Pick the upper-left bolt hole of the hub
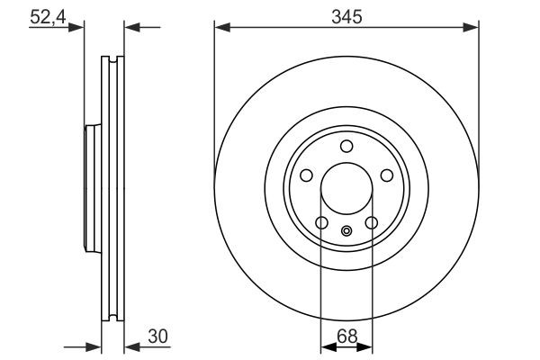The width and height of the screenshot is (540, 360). pyautogui.click(x=305, y=177)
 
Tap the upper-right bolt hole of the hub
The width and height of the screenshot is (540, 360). pyautogui.click(x=387, y=177)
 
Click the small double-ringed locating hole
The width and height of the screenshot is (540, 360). pyautogui.click(x=346, y=230)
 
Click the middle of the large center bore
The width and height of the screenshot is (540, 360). pyautogui.click(x=346, y=191)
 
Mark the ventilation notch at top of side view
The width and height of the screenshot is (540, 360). pyautogui.click(x=112, y=61)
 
